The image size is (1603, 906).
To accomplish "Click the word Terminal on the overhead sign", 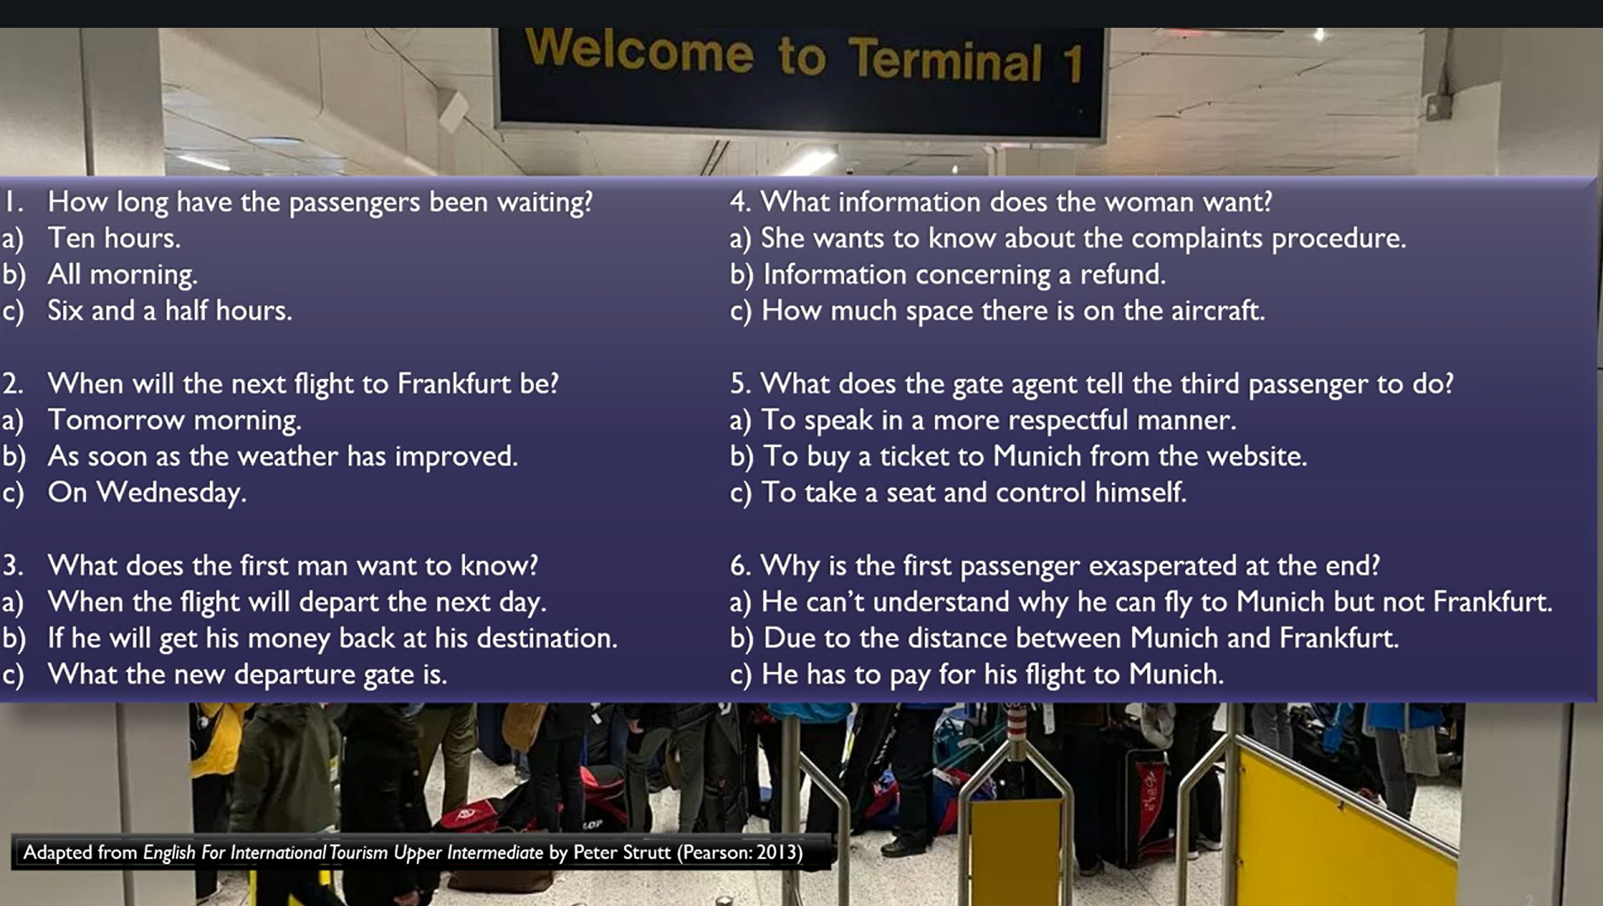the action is pos(945,59).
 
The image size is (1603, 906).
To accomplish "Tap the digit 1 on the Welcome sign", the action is pos(1072,64).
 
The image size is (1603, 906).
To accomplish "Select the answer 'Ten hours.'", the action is pos(114,238).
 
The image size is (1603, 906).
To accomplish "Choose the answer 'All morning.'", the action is pos(122,274).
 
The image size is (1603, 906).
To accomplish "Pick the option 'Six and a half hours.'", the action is pos(169,311).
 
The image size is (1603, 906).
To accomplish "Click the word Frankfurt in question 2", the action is pos(455,383).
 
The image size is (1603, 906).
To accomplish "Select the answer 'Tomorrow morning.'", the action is pos(174,420).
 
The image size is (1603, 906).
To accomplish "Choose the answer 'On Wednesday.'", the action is pos(147,493).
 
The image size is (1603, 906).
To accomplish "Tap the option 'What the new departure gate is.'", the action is pos(247,674).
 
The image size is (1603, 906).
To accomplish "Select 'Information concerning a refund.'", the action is pos(964,274).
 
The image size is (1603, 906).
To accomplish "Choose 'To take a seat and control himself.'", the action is pos(974,493).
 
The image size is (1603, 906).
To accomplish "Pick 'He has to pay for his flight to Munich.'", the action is pos(992,674).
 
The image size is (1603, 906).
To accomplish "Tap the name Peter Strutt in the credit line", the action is pos(622,852).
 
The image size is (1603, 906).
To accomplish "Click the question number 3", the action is pos(12,566).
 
